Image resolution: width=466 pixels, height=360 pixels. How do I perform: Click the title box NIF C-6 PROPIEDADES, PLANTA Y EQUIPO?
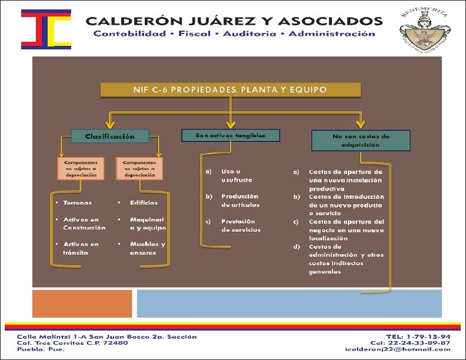tap(230, 90)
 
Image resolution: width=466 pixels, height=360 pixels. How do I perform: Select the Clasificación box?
tap(110, 136)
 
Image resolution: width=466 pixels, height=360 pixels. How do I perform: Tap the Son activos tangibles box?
tap(231, 135)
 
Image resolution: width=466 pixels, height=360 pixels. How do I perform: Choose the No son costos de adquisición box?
tap(360, 140)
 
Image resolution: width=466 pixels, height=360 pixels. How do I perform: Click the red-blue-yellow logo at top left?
tap(45, 29)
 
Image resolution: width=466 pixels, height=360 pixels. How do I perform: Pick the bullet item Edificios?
tap(144, 203)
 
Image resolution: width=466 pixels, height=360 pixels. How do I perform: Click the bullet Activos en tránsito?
tap(81, 248)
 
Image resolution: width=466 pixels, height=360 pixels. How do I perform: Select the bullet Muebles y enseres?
tap(148, 248)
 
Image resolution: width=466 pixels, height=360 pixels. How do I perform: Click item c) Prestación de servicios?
tap(241, 225)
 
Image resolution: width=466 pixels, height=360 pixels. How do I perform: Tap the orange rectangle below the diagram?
tap(81, 304)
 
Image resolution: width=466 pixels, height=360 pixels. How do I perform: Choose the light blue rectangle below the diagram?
tap(289, 304)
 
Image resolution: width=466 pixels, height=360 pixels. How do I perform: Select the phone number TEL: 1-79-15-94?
tap(418, 336)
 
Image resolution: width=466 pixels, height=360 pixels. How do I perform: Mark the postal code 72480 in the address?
tap(115, 343)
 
